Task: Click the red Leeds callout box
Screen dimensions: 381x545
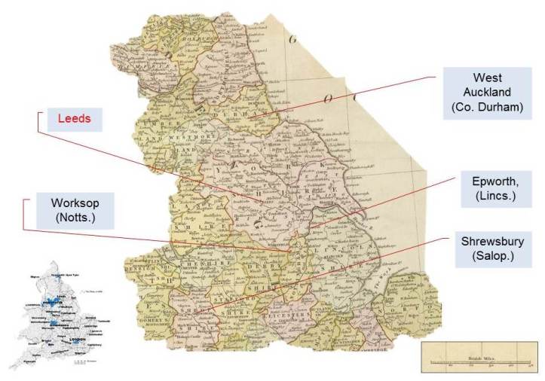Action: (74, 119)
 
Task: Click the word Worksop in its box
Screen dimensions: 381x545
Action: (68, 204)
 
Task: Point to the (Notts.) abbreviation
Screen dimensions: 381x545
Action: (68, 219)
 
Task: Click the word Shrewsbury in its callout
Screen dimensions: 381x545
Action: (492, 242)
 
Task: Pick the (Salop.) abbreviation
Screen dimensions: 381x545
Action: (492, 257)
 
